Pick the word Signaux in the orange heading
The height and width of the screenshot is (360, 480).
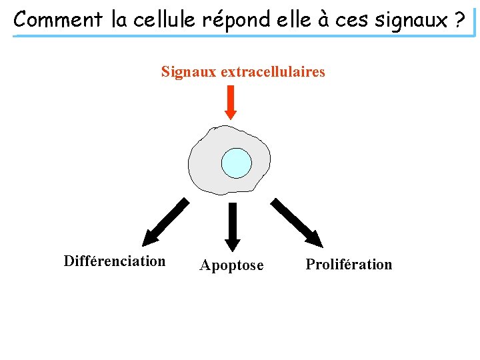(188, 71)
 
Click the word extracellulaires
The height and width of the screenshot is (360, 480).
(273, 71)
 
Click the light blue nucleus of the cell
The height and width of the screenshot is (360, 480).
(236, 163)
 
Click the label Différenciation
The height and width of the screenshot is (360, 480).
(115, 261)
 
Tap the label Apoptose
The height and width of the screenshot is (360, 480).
(231, 265)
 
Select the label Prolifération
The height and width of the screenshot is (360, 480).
(349, 265)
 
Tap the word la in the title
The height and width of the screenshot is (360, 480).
(119, 19)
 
